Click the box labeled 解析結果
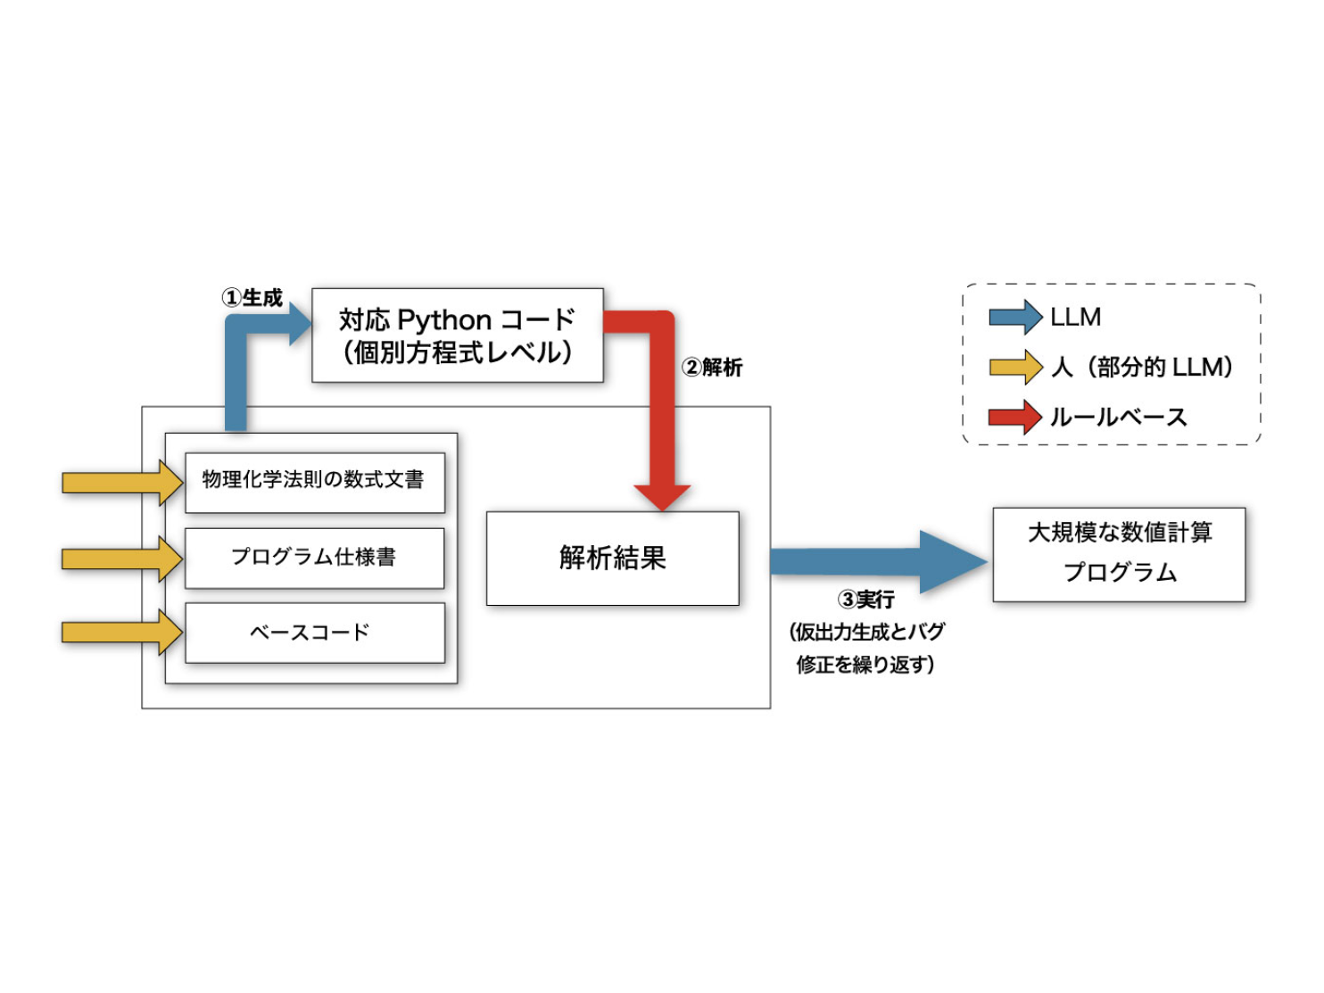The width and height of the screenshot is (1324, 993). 612,559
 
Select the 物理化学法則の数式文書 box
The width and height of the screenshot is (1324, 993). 314,482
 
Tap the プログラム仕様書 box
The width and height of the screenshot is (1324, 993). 314,558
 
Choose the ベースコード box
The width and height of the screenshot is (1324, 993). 314,633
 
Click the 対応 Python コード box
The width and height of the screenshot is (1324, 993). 457,335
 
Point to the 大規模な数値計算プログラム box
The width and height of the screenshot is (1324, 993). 1119,554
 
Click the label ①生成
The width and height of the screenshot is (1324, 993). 252,298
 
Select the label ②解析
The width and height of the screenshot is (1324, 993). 712,368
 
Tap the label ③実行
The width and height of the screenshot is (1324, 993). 865,600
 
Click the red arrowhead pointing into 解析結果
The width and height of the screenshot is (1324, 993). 662,496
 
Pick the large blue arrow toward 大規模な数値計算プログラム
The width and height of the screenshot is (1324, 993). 879,561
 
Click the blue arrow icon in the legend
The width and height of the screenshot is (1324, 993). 1015,318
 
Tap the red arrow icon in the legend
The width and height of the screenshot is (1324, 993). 1015,417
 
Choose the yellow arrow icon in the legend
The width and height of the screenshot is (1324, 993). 1015,367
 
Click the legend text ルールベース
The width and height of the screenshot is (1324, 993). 1118,418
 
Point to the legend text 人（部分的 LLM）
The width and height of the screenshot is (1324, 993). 1143,368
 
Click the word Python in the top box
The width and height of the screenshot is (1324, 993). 444,319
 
